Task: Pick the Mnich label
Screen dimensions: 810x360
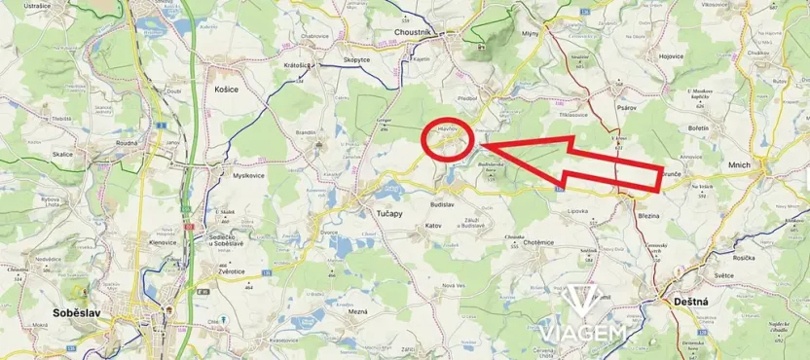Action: click(x=739, y=165)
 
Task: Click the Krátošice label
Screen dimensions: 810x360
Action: click(x=297, y=65)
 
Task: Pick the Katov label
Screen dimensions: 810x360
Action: click(x=433, y=225)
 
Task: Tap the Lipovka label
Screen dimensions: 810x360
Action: click(x=581, y=210)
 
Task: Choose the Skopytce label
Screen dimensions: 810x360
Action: click(x=356, y=60)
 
